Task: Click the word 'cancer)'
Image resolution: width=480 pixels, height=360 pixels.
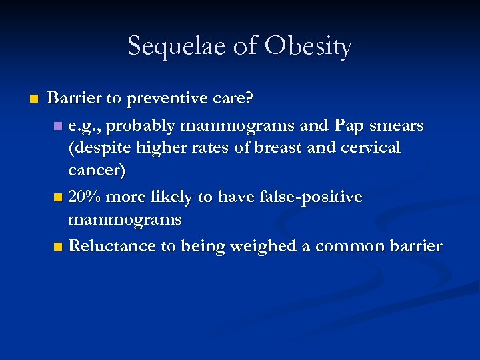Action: coord(97,170)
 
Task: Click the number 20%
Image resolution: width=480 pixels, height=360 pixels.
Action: coord(85,197)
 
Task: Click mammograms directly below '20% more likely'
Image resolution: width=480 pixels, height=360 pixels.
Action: coord(125,219)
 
